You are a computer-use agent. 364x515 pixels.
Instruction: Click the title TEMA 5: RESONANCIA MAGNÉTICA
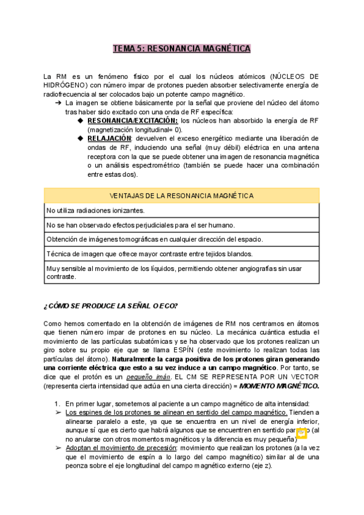point(181,49)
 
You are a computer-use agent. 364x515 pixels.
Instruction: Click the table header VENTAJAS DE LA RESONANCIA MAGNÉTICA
point(181,196)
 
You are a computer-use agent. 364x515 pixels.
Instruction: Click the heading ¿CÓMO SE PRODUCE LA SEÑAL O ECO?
point(111,305)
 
